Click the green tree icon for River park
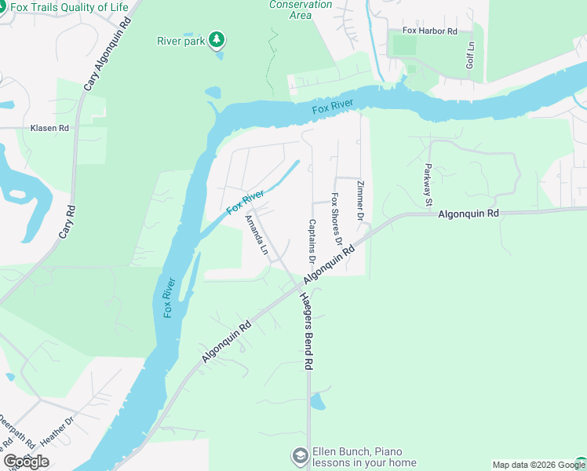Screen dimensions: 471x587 tap(217, 39)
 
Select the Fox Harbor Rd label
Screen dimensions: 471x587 tap(429, 31)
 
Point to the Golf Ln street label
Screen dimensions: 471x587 tap(471, 56)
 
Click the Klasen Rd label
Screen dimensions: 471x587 tap(49, 128)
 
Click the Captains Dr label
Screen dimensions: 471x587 tap(312, 241)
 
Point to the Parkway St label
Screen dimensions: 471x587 tap(428, 184)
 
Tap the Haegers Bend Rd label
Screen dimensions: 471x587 tap(308, 330)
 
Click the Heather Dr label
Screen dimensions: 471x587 tap(57, 432)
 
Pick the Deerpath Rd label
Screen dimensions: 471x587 tap(17, 432)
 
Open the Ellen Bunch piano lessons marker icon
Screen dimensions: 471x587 tap(299, 456)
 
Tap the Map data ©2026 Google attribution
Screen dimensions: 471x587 tap(531, 465)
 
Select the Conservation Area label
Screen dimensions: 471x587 tap(290, 9)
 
